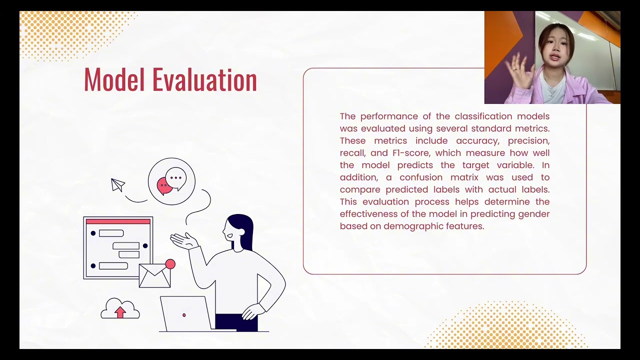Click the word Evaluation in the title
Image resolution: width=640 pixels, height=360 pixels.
tap(204, 80)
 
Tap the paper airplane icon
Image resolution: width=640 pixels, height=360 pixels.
tap(117, 185)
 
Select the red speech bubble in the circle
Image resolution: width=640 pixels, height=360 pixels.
tap(164, 186)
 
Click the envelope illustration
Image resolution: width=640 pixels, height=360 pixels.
tap(154, 275)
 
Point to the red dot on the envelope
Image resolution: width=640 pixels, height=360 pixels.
tap(170, 264)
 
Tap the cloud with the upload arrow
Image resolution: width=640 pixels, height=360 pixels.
tap(120, 309)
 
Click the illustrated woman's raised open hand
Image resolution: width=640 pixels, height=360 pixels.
tap(183, 241)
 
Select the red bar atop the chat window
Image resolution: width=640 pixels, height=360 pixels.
tap(118, 221)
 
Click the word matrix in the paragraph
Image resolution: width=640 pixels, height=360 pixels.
tap(464, 177)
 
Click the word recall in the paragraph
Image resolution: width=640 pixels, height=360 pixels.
tap(352, 153)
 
